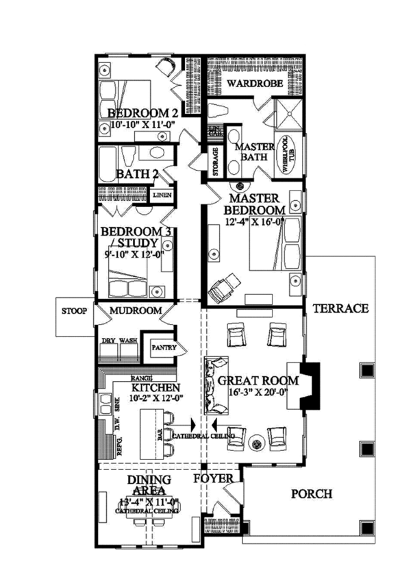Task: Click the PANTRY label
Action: (x=164, y=348)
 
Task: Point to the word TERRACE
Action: (x=340, y=308)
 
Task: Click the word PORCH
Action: (x=312, y=493)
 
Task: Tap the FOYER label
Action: (x=214, y=477)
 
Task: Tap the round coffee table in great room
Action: (x=258, y=443)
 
